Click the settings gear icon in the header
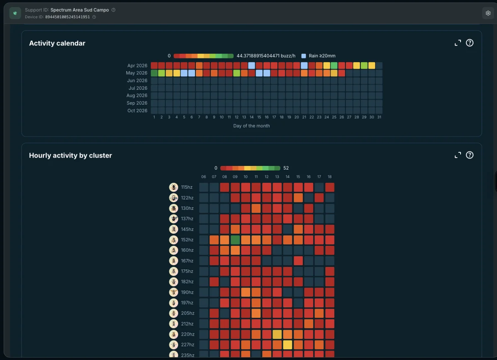click(488, 13)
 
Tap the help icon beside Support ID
click(113, 10)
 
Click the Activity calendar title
click(57, 43)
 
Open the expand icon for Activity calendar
click(458, 43)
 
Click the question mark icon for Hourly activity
click(470, 155)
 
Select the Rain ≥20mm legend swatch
click(304, 56)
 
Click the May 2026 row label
click(136, 73)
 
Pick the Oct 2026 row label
click(137, 110)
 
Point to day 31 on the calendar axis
click(379, 117)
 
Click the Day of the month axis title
click(251, 126)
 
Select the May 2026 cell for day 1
click(154, 73)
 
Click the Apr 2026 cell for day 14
click(251, 65)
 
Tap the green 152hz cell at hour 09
click(235, 240)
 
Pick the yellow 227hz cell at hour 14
click(287, 345)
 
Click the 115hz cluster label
click(187, 187)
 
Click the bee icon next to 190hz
click(174, 292)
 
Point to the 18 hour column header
click(330, 177)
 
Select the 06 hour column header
click(203, 177)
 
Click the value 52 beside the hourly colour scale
click(286, 168)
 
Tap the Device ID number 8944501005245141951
click(68, 17)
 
